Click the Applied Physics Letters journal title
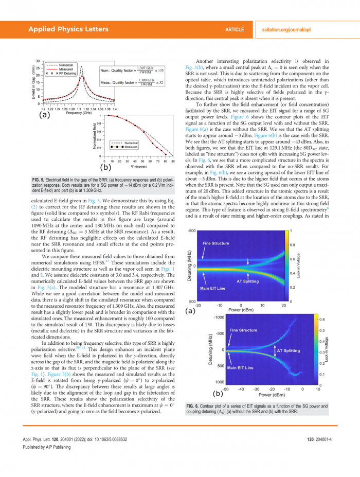point(68,29)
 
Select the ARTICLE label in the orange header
point(235,29)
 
